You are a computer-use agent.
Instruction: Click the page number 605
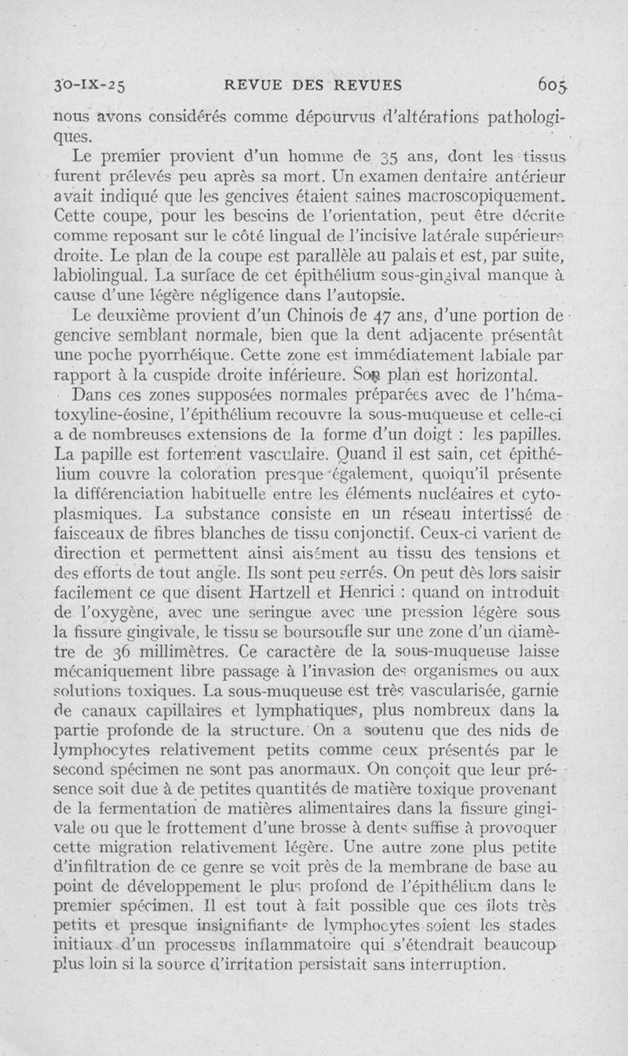[556, 85]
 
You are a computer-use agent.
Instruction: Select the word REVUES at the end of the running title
[366, 86]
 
